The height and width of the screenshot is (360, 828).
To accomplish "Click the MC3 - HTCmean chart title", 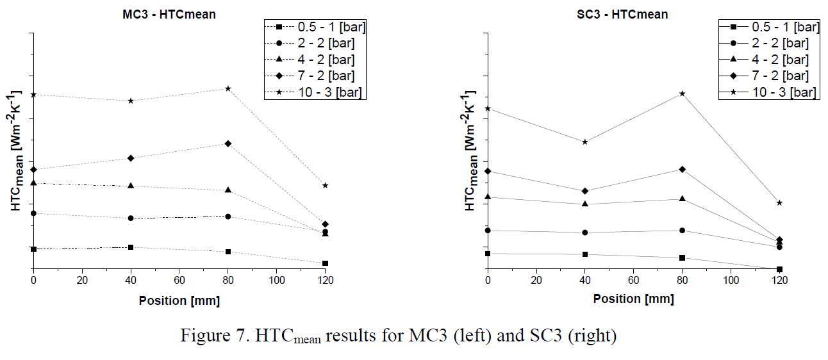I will click(x=169, y=14).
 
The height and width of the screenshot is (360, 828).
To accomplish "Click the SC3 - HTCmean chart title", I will click(x=623, y=14).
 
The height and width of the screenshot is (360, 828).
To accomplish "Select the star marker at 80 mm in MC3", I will click(x=228, y=88).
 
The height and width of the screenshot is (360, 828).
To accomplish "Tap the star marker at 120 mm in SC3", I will click(x=779, y=202).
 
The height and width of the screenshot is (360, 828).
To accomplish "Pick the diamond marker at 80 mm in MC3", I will click(x=228, y=143).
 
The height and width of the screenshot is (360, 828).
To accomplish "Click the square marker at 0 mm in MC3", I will click(x=33, y=249).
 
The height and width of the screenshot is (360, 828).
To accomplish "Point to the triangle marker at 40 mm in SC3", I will click(x=585, y=204).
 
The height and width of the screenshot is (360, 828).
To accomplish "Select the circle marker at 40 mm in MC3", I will click(x=131, y=218).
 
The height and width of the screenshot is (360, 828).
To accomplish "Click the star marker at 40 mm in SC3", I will click(x=585, y=142).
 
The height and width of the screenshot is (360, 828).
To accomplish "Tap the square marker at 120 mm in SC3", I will click(x=779, y=269).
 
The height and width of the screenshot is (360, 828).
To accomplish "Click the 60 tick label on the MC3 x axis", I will click(x=179, y=281).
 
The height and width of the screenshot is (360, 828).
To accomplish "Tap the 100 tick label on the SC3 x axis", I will click(x=731, y=281).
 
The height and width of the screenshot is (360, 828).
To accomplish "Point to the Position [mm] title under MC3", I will click(x=179, y=300).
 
